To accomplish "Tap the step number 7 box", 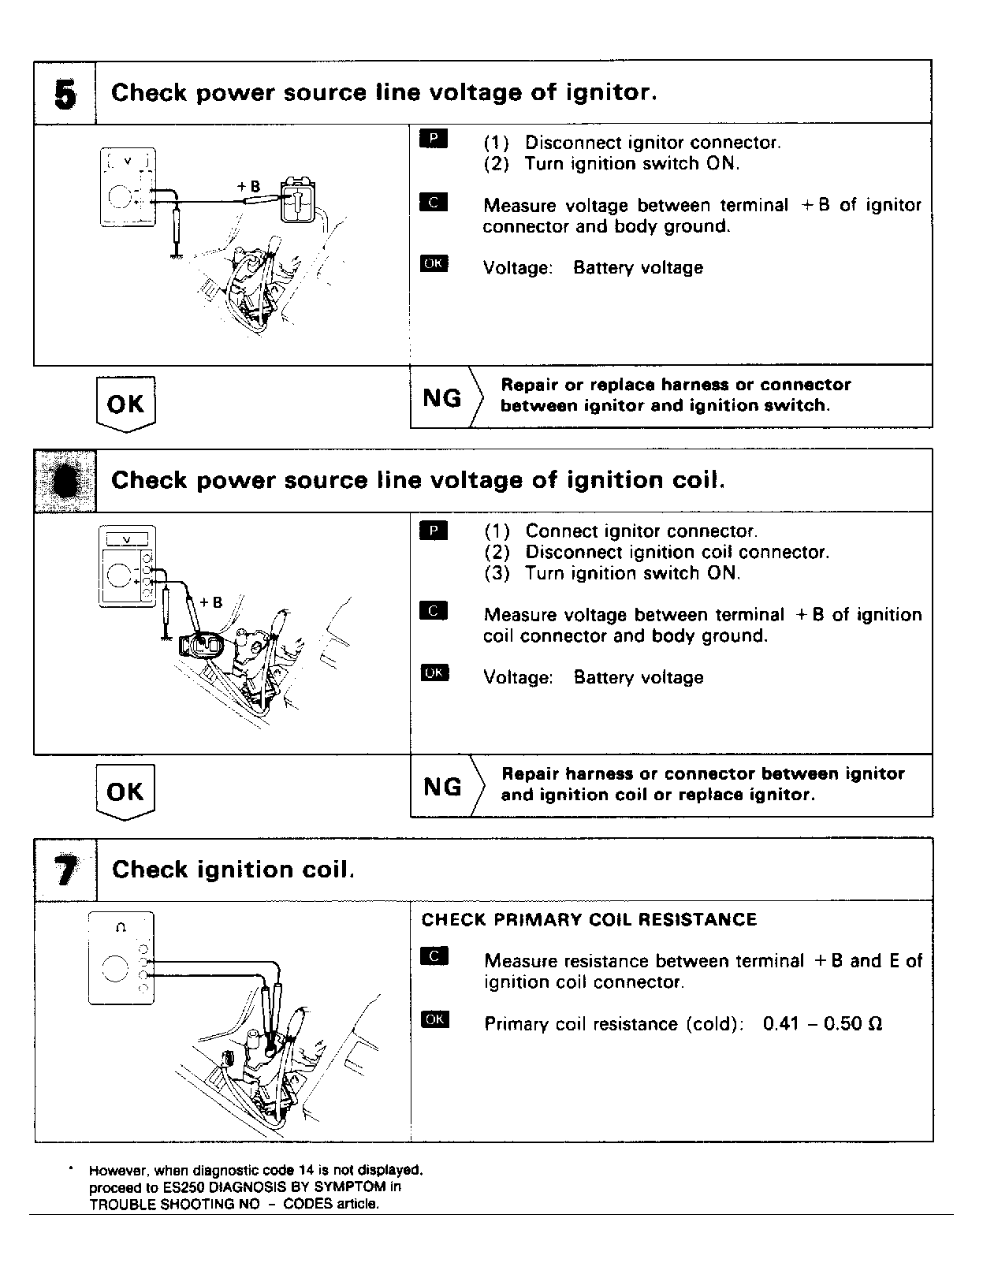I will click(66, 870).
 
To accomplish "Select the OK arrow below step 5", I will click(125, 404).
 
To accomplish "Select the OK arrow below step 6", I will click(125, 792).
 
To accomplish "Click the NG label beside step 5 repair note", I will click(442, 398).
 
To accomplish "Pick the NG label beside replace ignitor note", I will click(442, 786).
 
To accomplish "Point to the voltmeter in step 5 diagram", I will click(128, 187).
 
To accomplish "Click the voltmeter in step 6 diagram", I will click(127, 566).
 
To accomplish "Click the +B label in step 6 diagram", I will click(210, 602).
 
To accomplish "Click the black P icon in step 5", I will click(434, 140).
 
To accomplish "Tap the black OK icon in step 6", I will click(434, 672).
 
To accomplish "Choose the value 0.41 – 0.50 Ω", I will click(822, 1024).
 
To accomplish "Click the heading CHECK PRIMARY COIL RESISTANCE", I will click(589, 920).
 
